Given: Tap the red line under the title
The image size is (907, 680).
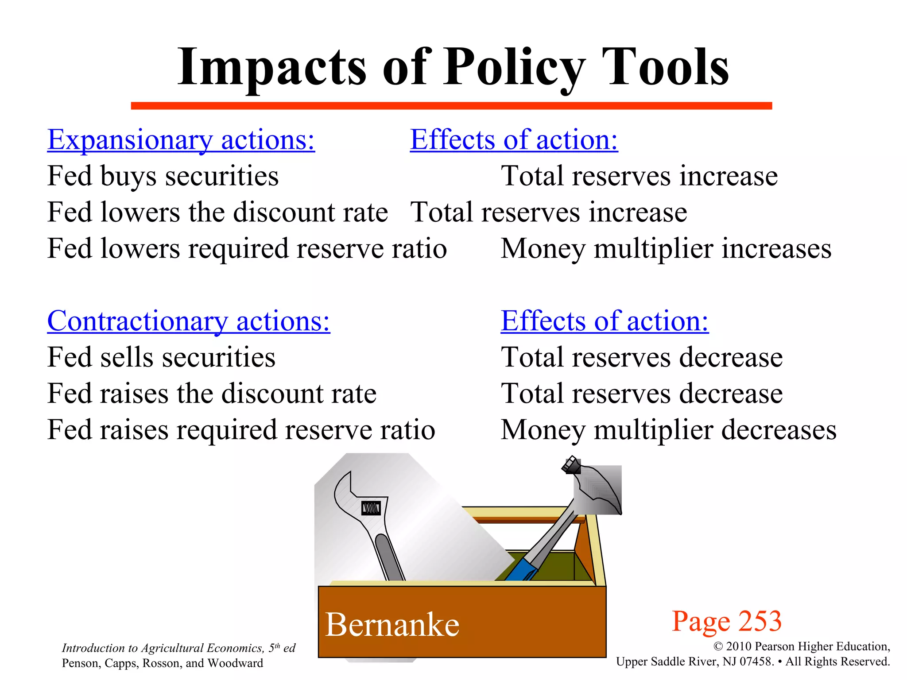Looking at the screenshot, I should click(451, 106).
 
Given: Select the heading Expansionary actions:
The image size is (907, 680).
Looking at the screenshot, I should click(181, 140).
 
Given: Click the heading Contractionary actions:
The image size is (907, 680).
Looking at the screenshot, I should click(189, 321).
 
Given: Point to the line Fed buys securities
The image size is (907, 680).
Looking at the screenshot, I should click(163, 176).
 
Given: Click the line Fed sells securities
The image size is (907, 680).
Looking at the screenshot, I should click(161, 357).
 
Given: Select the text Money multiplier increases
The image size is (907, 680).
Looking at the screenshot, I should click(666, 249).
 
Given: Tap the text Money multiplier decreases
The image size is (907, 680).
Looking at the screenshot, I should click(668, 430).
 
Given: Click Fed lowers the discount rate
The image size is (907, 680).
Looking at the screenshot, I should click(217, 212).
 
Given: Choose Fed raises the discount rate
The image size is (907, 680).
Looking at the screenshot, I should click(212, 394).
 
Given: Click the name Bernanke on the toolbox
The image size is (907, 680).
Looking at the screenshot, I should click(392, 625).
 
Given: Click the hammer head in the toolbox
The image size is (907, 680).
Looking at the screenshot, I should click(598, 489).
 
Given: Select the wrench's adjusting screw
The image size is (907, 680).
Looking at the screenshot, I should click(371, 508).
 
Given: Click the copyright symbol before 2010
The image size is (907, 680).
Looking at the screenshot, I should click(718, 647).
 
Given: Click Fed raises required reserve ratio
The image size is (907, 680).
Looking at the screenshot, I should click(241, 430).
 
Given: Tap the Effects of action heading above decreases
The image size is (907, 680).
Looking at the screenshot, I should click(605, 321).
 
